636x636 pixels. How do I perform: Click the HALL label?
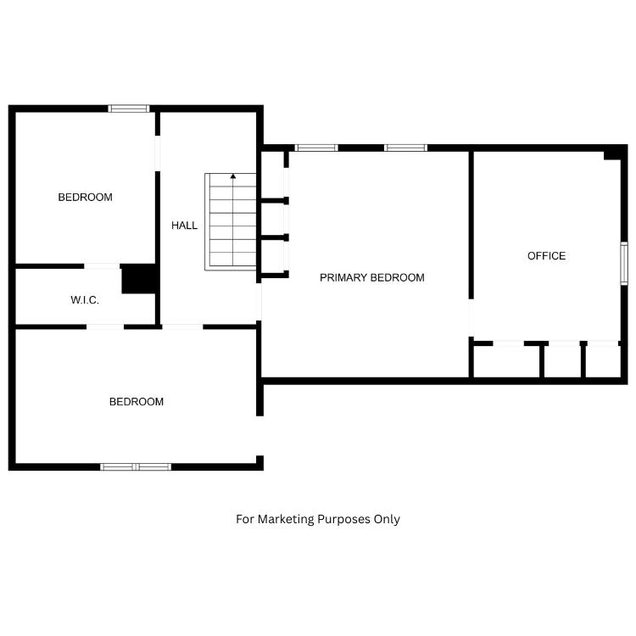(x=184, y=226)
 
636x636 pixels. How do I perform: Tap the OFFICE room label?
(x=546, y=256)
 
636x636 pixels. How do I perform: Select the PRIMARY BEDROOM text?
(x=372, y=278)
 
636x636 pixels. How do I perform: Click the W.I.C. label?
(x=84, y=300)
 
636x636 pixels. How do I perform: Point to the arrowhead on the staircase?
(x=233, y=176)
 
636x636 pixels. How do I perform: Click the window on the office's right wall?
(x=624, y=263)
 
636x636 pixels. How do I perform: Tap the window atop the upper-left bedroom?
(x=129, y=109)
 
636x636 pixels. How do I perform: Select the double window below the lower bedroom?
(x=136, y=467)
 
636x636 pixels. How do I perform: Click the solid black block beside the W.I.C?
(x=138, y=279)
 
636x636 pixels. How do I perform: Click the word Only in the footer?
(x=387, y=519)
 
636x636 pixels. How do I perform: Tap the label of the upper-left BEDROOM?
(x=85, y=198)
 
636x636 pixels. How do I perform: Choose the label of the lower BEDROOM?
(x=137, y=402)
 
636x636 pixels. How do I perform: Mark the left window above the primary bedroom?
(x=316, y=148)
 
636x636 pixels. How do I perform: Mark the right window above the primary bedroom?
(x=405, y=148)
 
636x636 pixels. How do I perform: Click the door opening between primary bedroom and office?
(x=471, y=318)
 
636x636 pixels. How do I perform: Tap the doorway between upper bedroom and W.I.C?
(x=102, y=266)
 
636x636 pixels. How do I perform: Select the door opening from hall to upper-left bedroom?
(x=158, y=153)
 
